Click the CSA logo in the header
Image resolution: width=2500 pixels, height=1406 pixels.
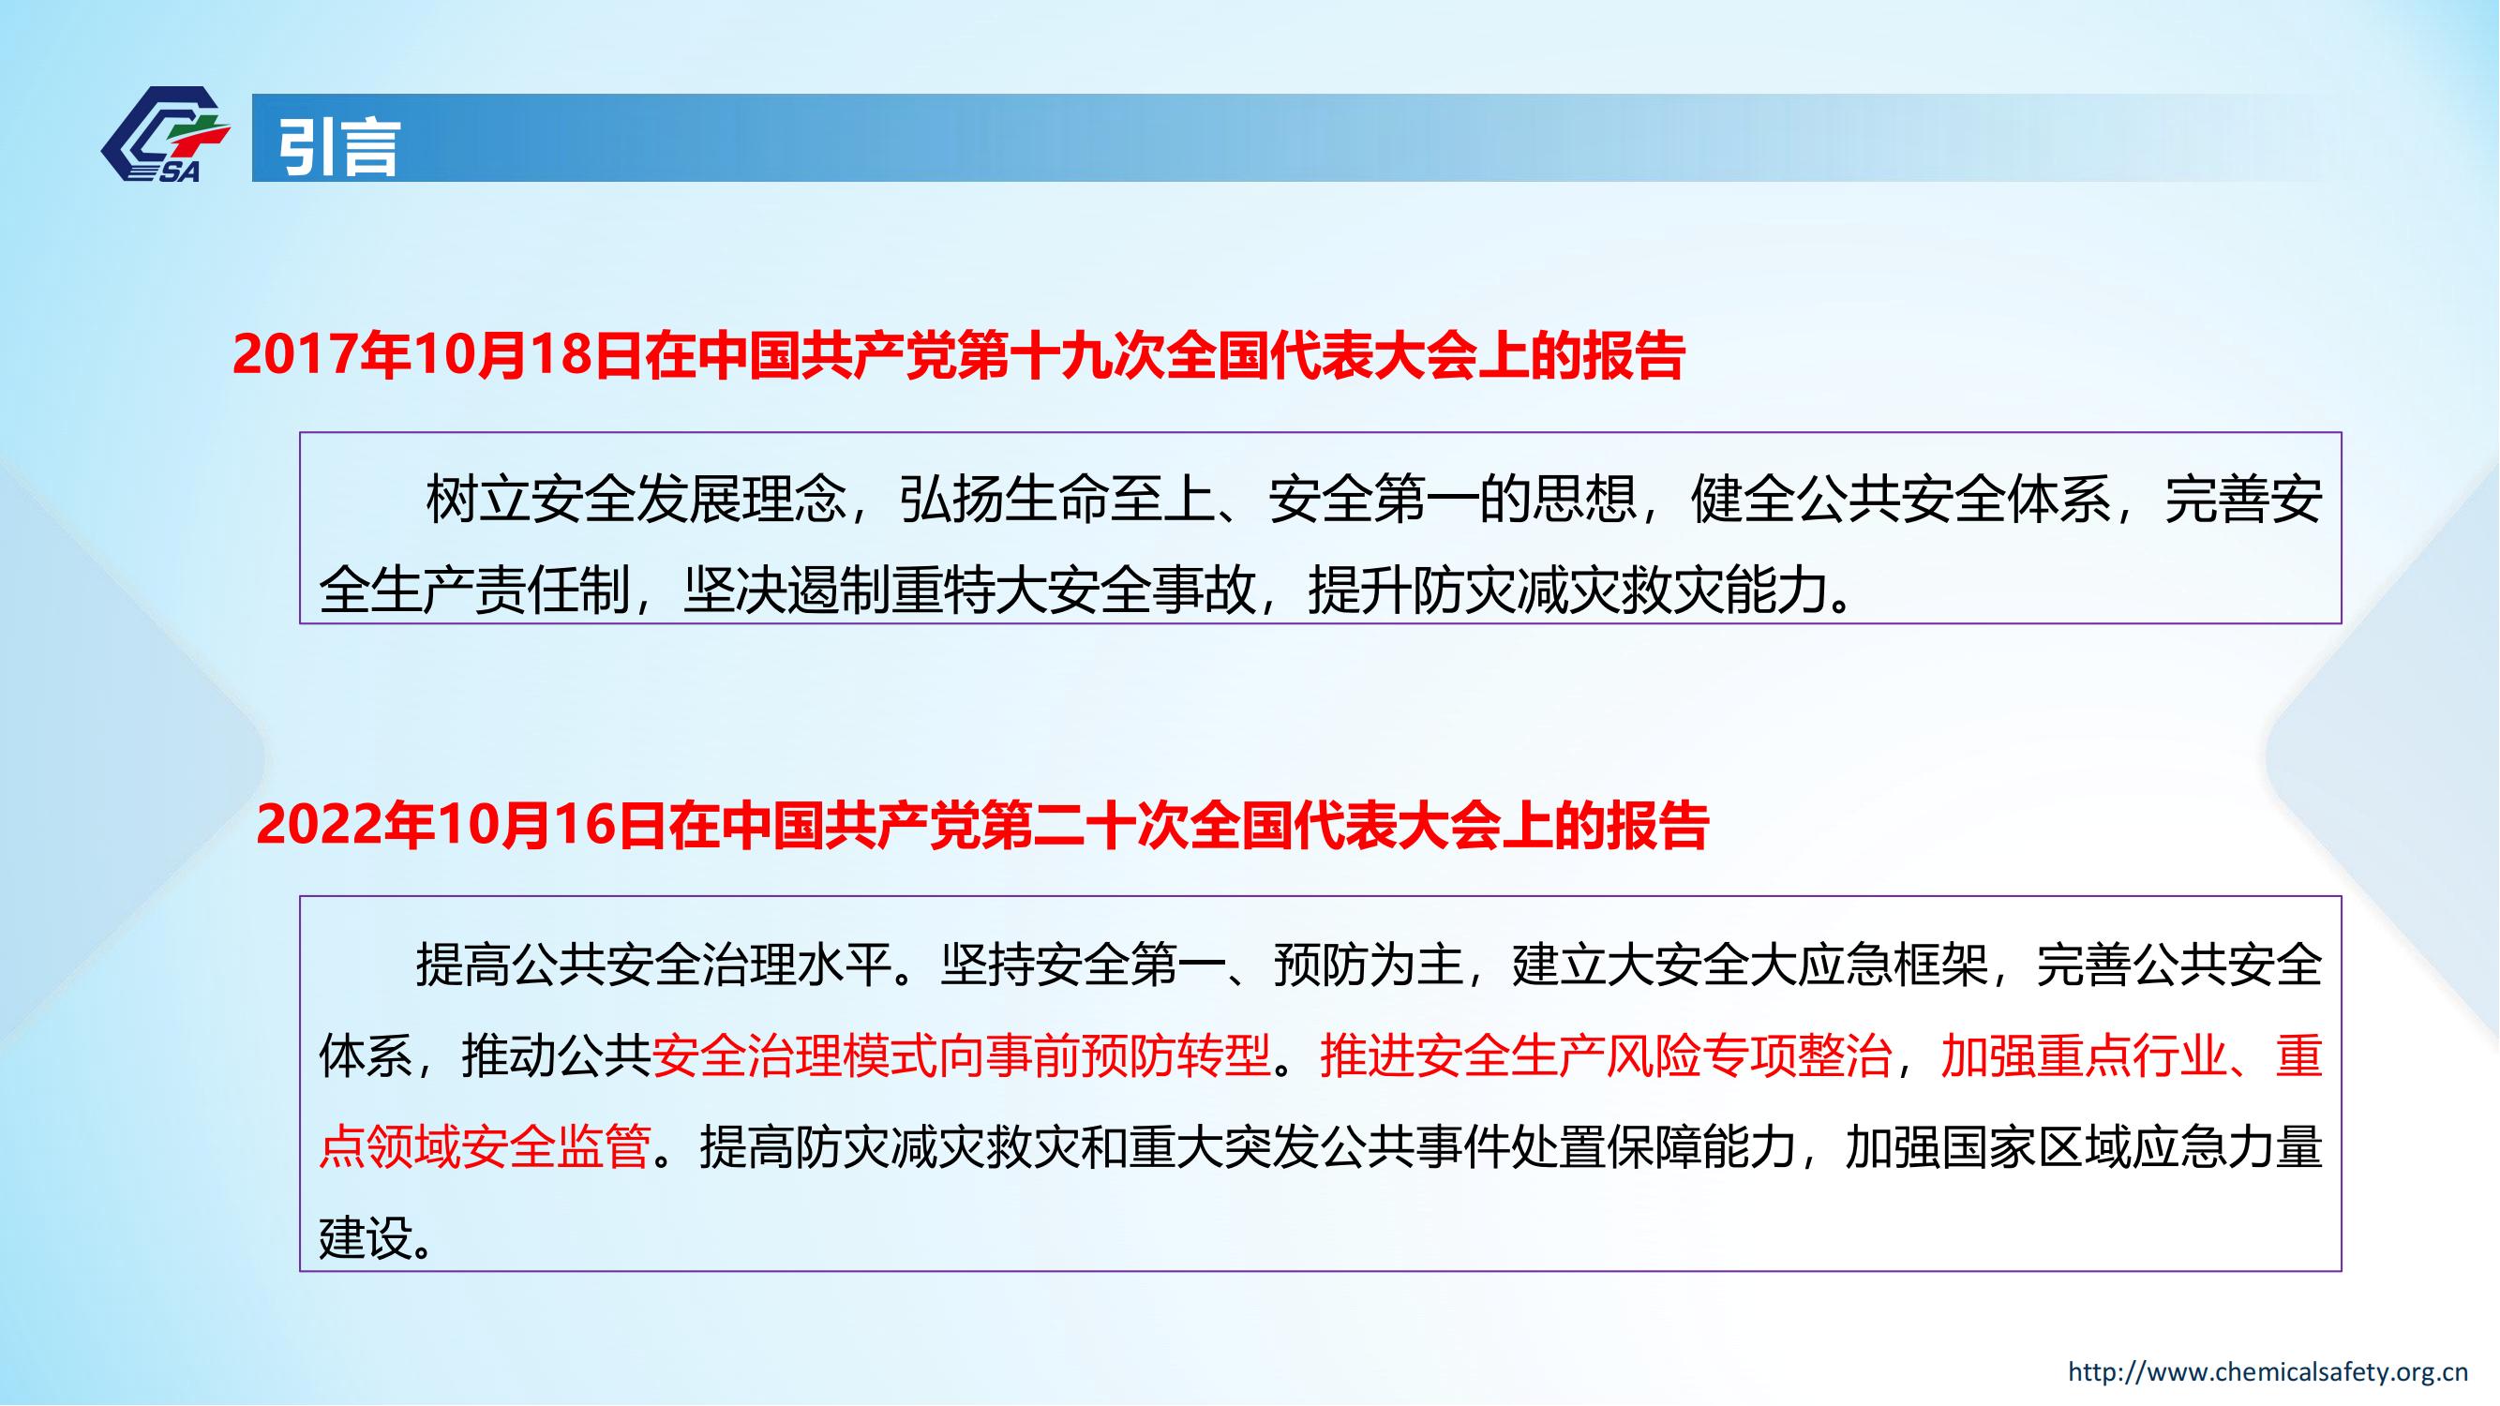(x=165, y=134)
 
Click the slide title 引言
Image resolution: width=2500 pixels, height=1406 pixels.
(x=339, y=147)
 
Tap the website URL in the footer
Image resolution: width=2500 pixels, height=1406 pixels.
(x=2278, y=1371)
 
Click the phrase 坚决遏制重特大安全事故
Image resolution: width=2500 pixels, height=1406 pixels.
(x=969, y=589)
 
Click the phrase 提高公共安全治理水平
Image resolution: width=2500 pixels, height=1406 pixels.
(x=653, y=965)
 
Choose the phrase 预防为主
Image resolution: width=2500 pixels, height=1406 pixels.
(x=1369, y=965)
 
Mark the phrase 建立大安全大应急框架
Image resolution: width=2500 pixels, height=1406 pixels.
(x=1750, y=965)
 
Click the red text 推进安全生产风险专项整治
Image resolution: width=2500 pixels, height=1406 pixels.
(x=1605, y=1056)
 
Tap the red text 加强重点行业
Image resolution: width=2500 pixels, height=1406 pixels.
(x=2083, y=1056)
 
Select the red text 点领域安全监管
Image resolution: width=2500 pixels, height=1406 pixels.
(x=485, y=1148)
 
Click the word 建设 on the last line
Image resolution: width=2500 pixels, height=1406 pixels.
(x=366, y=1239)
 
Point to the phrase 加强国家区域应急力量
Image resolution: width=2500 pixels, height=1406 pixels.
(x=2083, y=1148)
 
